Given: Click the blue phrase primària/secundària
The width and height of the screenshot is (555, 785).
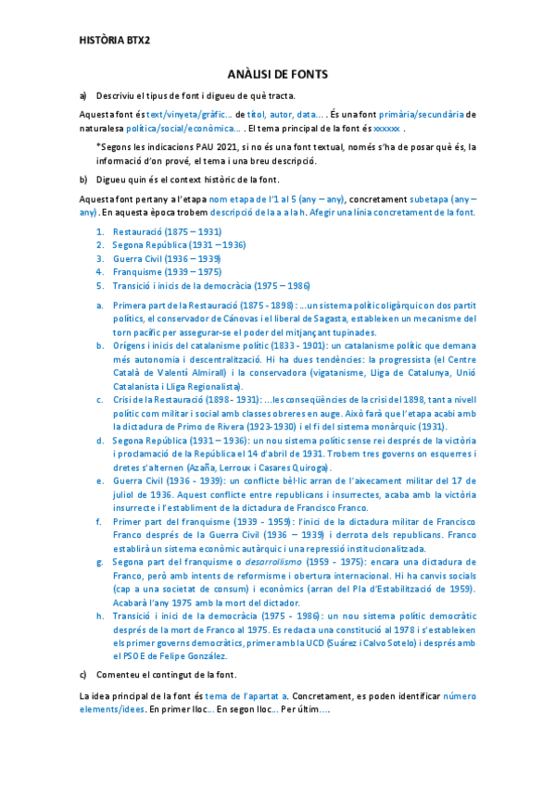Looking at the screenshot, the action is coord(423,114).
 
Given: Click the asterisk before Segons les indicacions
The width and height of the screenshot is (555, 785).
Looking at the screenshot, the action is coord(98,146).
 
